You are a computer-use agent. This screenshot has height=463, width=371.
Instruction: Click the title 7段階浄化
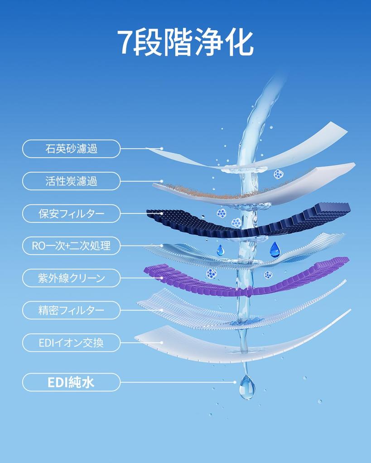click(185, 42)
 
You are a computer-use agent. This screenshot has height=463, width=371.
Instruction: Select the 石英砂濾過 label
click(71, 148)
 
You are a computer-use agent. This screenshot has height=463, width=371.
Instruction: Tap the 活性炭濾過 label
click(71, 181)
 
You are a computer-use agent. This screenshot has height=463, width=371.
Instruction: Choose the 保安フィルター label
click(71, 213)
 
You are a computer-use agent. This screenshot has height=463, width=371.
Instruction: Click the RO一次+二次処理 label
click(71, 246)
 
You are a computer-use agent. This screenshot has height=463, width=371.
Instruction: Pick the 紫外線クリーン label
click(71, 278)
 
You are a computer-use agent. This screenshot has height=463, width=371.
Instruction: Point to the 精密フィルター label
click(71, 310)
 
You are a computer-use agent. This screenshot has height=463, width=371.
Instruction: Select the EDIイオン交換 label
click(71, 343)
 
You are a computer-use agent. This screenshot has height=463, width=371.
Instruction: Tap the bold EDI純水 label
click(71, 383)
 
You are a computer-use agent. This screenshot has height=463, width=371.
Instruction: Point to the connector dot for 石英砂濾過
click(162, 148)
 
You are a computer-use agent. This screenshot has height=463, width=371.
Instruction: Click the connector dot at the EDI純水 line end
click(235, 382)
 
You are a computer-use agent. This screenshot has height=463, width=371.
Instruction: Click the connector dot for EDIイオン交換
click(162, 343)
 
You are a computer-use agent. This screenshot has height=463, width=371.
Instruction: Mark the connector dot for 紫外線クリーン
click(162, 278)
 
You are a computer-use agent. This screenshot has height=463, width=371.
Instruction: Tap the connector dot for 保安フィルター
click(162, 213)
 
